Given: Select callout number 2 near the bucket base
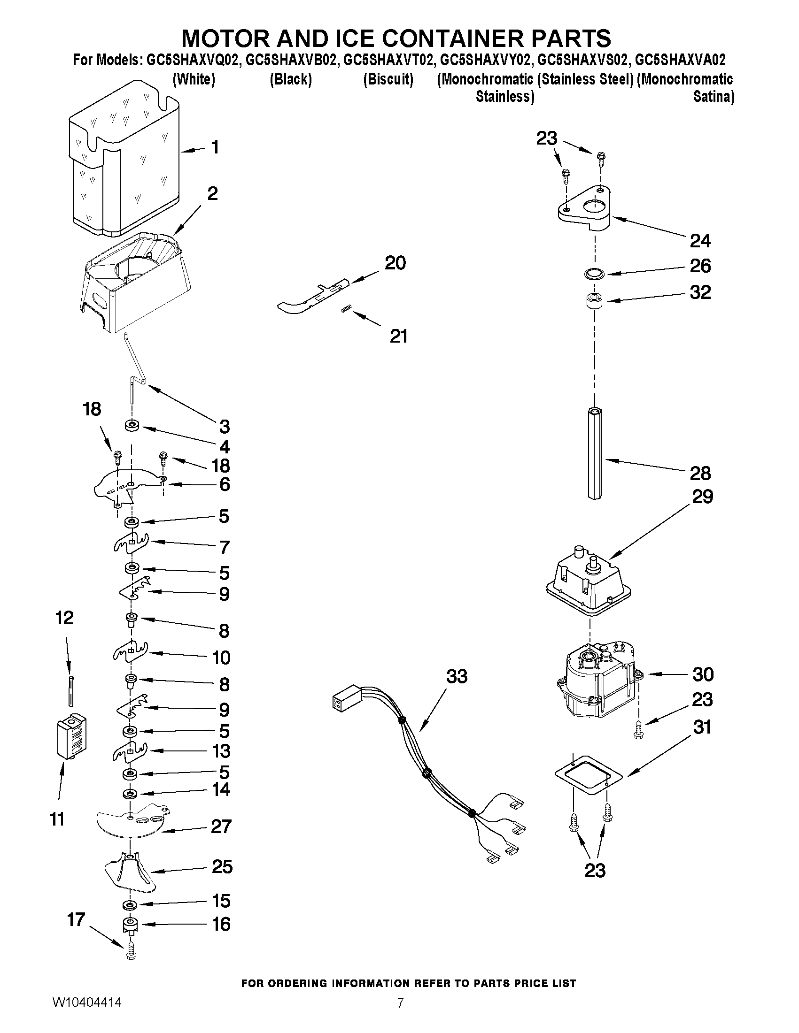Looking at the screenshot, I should click(x=212, y=193).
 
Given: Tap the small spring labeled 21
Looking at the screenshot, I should click(x=346, y=309).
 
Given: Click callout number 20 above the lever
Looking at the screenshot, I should click(x=395, y=262).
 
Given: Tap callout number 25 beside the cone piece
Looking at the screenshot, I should click(x=222, y=866).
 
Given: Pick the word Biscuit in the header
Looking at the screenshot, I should click(x=388, y=79).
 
